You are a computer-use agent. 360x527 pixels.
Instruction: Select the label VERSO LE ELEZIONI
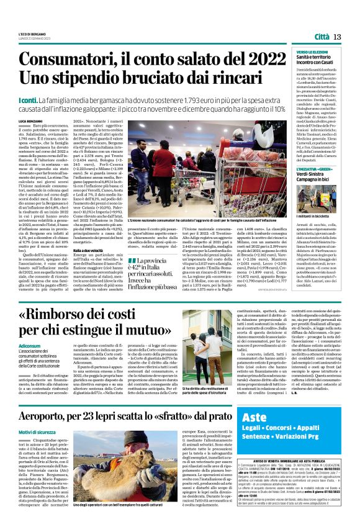click(312, 52)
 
